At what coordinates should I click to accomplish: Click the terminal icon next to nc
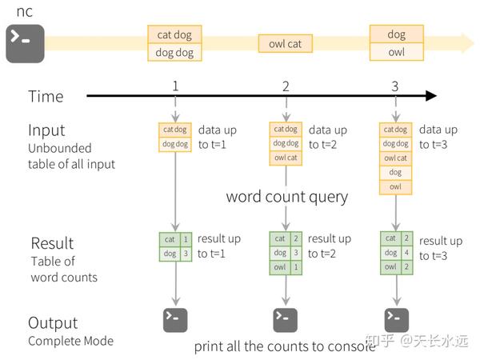pyautogui.click(x=26, y=44)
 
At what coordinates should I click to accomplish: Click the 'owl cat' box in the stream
pyautogui.click(x=285, y=43)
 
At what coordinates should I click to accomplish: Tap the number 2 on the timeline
pyautogui.click(x=286, y=86)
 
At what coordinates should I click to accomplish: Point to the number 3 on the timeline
pyautogui.click(x=394, y=86)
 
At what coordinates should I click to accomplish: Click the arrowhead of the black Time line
pyautogui.click(x=431, y=96)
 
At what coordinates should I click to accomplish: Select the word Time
pyautogui.click(x=46, y=97)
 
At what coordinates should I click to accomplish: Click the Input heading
pyautogui.click(x=46, y=130)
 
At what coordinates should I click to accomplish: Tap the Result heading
pyautogui.click(x=52, y=243)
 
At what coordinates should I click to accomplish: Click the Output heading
pyautogui.click(x=53, y=323)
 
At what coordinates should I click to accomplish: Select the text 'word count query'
pyautogui.click(x=287, y=197)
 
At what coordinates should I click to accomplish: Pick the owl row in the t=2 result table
pyautogui.click(x=286, y=267)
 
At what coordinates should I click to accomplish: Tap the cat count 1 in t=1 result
pyautogui.click(x=186, y=238)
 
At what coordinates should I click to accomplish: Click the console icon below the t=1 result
pyautogui.click(x=175, y=319)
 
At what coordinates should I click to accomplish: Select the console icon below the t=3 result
pyautogui.click(x=396, y=319)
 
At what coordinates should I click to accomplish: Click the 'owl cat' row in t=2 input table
pyautogui.click(x=286, y=158)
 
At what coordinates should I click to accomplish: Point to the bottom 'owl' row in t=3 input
pyautogui.click(x=395, y=186)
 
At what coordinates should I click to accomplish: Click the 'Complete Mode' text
pyautogui.click(x=70, y=341)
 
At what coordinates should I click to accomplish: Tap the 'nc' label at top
pyautogui.click(x=25, y=12)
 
